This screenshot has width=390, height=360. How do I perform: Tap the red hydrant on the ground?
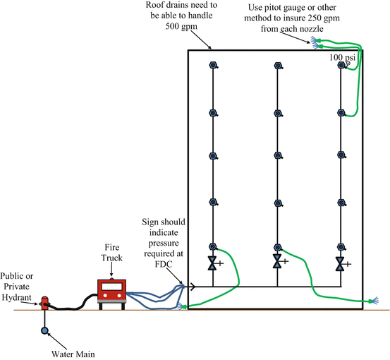44,304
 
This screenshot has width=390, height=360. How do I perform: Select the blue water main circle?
44,330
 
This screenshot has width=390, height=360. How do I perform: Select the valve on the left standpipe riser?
212,264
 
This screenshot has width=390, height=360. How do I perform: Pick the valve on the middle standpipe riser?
277,263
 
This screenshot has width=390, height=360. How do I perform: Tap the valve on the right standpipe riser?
341,264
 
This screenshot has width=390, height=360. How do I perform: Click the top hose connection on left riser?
212,66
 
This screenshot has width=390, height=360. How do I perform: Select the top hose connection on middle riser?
277,66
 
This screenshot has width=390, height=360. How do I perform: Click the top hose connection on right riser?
341,66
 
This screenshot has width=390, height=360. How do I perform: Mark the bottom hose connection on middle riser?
277,247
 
